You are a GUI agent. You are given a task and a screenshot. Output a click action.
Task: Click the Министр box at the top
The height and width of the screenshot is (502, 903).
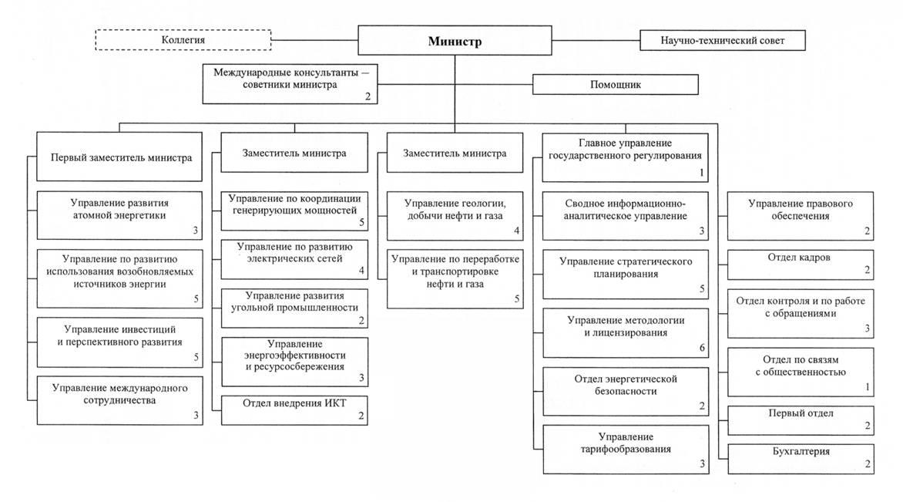coord(455,40)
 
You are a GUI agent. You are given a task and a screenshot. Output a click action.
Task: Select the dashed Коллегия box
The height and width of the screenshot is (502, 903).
coord(183,40)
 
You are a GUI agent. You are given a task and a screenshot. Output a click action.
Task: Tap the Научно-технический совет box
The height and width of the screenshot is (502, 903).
coord(722,40)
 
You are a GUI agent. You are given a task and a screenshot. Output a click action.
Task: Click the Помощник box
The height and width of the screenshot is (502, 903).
coord(615,84)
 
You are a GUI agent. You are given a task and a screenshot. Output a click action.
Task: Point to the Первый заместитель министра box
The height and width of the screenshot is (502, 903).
coord(119,157)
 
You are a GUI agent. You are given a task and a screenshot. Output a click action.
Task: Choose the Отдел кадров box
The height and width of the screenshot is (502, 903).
coord(801,264)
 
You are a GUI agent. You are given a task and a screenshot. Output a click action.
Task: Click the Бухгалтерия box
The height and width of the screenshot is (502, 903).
coord(801,459)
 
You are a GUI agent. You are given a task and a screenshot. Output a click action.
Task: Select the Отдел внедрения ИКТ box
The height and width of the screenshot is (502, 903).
coord(294,410)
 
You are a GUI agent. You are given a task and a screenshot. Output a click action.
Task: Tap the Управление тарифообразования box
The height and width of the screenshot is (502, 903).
coord(626,450)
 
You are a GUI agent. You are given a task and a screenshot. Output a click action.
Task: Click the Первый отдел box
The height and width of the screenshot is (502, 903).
coord(801,420)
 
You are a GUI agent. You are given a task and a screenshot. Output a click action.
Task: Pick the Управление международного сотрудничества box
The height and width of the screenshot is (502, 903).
coord(119,400)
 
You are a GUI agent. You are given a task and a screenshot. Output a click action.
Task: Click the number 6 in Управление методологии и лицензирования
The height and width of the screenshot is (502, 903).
coord(702,348)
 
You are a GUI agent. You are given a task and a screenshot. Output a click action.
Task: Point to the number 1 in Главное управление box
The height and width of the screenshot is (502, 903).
coord(701,172)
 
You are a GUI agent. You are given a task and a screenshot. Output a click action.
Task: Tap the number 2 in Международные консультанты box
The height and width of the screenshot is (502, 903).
coord(368,96)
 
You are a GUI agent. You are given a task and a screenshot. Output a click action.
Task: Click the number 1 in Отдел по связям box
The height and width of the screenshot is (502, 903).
coord(868,387)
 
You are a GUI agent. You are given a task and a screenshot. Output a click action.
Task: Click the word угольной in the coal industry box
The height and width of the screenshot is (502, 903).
coord(250,307)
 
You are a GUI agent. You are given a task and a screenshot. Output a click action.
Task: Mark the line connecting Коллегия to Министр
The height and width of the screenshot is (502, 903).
coord(314,40)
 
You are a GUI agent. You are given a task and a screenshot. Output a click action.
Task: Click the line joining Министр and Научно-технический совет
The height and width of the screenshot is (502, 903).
coord(596,40)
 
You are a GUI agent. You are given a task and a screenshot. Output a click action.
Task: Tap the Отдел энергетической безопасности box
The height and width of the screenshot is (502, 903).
coord(626,391)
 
